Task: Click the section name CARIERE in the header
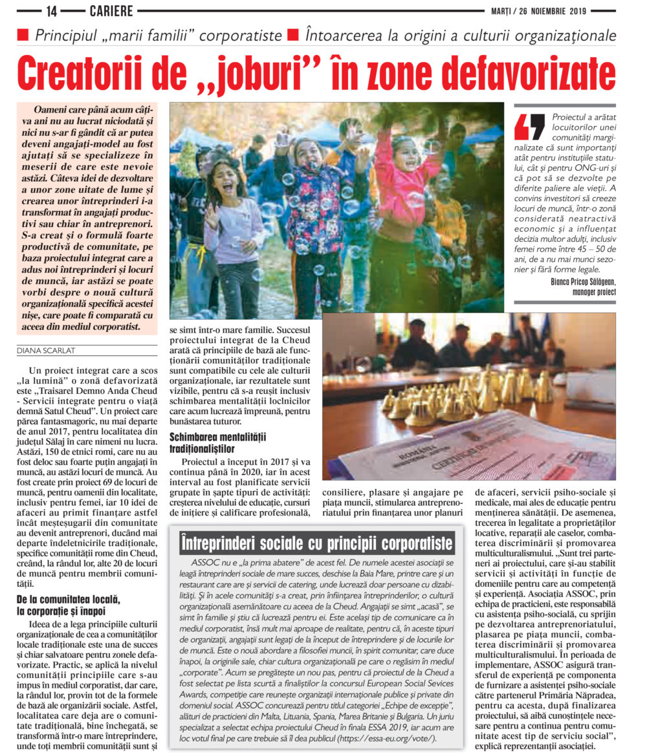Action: coord(111,10)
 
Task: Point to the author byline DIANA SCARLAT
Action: coord(47,351)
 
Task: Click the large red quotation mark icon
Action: coord(530,127)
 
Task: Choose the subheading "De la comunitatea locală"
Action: coord(67,600)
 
